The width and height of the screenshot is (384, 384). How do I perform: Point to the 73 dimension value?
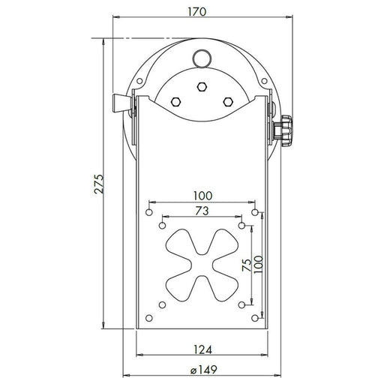pos(202,211)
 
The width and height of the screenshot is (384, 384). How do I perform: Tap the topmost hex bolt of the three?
pos(200,87)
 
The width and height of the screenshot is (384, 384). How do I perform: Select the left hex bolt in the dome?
pos(175,101)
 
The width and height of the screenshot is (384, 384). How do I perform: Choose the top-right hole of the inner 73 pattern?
pos(241,224)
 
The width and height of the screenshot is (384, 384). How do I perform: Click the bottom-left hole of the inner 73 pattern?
pos(161,305)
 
